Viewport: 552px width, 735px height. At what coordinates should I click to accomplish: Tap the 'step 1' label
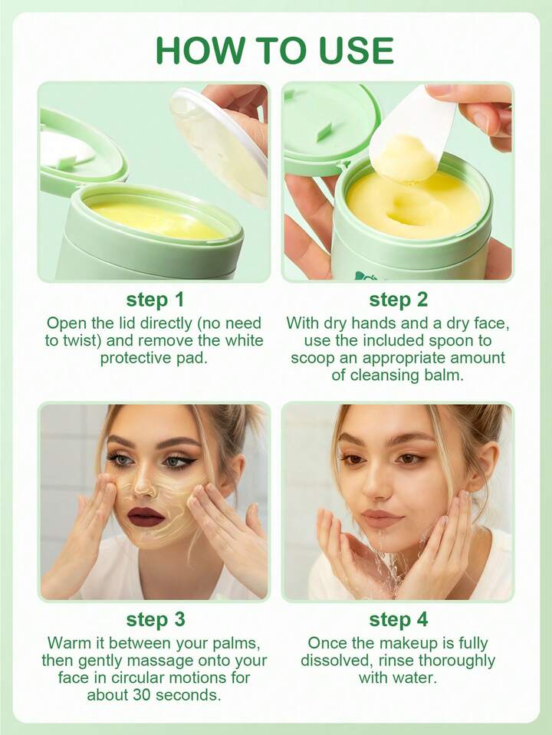coord(155,300)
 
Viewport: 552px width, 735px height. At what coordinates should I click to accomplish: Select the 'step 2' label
coord(398,300)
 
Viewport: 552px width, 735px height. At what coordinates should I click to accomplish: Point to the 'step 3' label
coord(155,620)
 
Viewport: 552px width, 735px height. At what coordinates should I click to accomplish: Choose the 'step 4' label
coord(398,620)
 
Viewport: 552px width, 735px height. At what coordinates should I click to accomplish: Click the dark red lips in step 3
coord(146,516)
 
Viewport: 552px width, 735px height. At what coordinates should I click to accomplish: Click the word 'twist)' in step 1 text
coord(80,341)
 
